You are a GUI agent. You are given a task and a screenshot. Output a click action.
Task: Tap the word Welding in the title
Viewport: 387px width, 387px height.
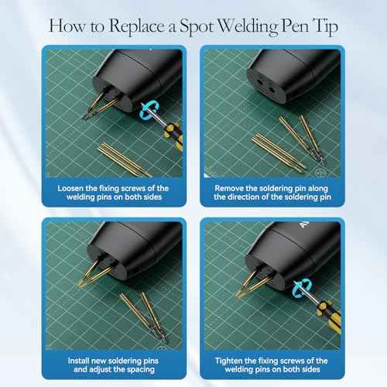click(x=247, y=27)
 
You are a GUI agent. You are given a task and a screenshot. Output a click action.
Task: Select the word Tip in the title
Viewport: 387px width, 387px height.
click(x=325, y=27)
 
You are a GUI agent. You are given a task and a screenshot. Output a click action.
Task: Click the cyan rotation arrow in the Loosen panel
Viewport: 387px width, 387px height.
click(x=148, y=111)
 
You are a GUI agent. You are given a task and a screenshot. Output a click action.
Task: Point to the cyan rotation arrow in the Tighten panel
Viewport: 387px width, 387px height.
click(x=302, y=288)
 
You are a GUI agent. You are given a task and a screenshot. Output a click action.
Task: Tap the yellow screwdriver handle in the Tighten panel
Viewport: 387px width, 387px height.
click(x=329, y=317)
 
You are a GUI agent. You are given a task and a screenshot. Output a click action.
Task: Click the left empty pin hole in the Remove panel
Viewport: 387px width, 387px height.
click(x=259, y=82)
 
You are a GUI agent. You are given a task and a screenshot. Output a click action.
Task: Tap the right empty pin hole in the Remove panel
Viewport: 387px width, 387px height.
click(x=272, y=90)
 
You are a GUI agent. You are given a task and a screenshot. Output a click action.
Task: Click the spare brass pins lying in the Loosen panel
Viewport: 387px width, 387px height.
click(x=125, y=160)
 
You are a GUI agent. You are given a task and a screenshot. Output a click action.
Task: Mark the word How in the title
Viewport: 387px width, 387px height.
click(x=67, y=26)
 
